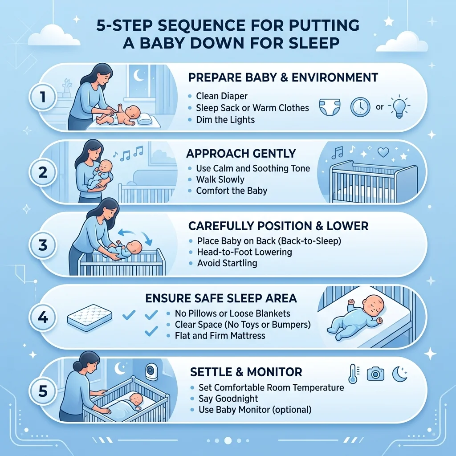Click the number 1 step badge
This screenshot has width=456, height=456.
tap(43, 97)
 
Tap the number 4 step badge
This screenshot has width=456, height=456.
tap(43, 317)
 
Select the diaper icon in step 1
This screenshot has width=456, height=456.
tap(330, 107)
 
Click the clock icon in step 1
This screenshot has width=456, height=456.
tap(360, 107)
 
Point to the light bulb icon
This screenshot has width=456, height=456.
tap(399, 107)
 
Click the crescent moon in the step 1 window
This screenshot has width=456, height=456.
tap(139, 76)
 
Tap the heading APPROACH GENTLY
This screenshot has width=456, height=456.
tap(241, 154)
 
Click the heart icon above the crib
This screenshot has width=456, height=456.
tap(383, 152)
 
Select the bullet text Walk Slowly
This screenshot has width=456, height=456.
tap(220, 179)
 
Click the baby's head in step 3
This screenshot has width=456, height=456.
tap(134, 247)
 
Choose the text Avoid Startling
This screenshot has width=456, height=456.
tap(227, 263)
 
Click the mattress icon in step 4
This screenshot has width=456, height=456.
tap(90, 318)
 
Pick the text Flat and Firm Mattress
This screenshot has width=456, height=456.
tap(220, 336)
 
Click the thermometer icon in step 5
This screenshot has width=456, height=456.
tap(353, 374)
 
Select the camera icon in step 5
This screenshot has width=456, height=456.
tap(375, 374)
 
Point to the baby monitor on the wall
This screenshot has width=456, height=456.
tap(151, 371)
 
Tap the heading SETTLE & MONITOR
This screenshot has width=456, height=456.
tap(246, 372)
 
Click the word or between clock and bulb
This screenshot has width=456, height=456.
tap(379, 107)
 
